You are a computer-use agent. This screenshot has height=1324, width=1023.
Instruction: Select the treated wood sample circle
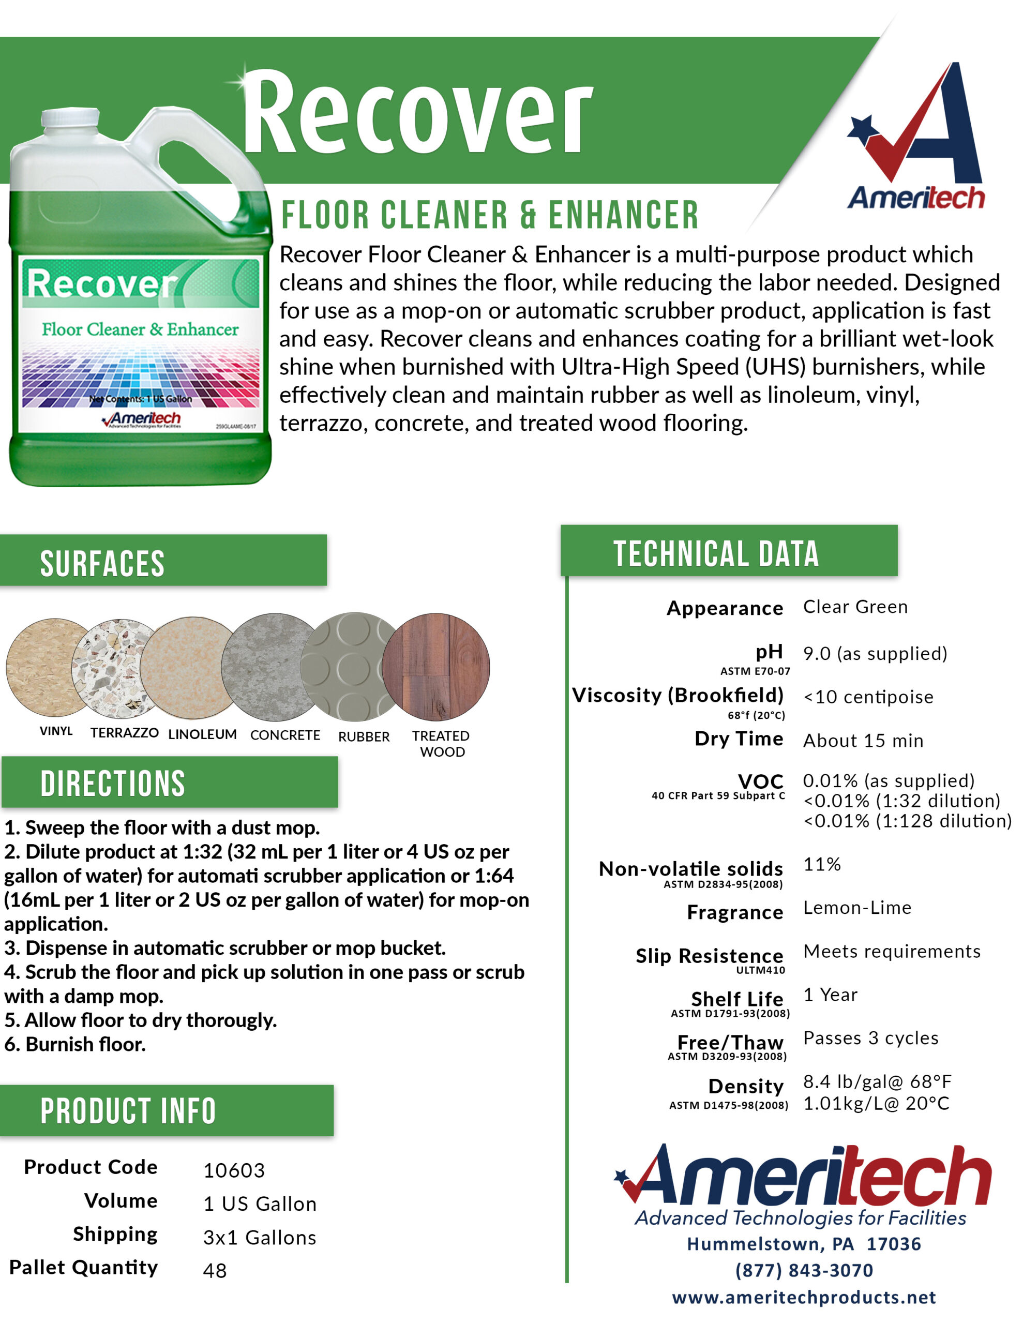coord(436,667)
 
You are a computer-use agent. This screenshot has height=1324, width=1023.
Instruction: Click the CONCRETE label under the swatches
coord(285,735)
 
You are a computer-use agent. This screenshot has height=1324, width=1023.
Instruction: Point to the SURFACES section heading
coord(102,563)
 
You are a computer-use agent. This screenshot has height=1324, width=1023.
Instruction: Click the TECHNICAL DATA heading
coord(716,553)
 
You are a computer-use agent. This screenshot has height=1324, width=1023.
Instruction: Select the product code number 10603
coord(234,1170)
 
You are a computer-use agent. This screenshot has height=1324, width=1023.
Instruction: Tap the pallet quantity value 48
coord(215,1270)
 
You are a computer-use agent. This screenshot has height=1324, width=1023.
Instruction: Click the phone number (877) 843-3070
coord(804,1270)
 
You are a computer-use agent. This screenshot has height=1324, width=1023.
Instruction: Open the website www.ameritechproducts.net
coord(804,1297)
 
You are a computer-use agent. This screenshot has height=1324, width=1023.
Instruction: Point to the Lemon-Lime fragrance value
coord(857,908)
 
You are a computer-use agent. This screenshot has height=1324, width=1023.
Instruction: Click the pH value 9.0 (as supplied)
coord(875,654)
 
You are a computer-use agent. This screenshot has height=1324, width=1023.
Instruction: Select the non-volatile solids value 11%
coord(822,864)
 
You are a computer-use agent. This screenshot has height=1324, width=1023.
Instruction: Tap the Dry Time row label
coord(739,739)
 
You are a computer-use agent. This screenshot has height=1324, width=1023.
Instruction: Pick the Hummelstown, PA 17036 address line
coord(804,1244)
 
